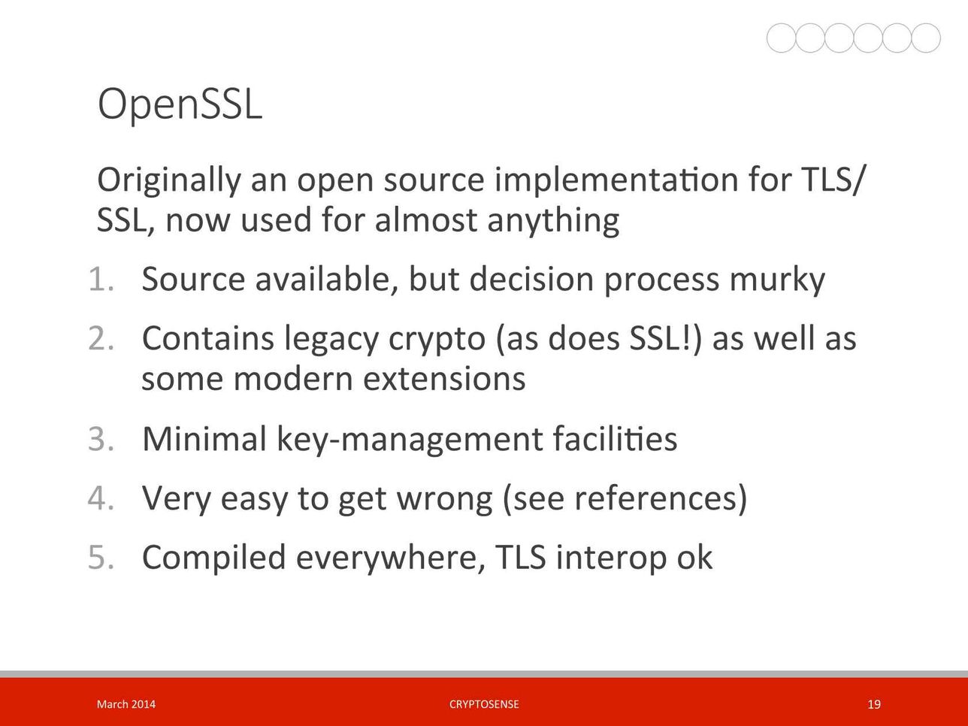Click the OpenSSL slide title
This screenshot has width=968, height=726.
pyautogui.click(x=180, y=104)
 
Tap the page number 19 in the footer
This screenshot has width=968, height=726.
pyautogui.click(x=873, y=704)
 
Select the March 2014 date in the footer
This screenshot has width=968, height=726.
pyautogui.click(x=126, y=704)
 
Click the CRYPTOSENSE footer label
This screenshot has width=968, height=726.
pyautogui.click(x=484, y=704)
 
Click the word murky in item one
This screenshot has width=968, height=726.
pyautogui.click(x=777, y=280)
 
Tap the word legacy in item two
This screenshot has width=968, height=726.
pyautogui.click(x=331, y=340)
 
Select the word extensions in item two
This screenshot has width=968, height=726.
pyautogui.click(x=444, y=378)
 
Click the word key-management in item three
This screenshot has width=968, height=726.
pyautogui.click(x=410, y=440)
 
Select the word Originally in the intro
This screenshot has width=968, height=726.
pyautogui.click(x=169, y=180)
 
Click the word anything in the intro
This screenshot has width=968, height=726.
pyautogui.click(x=553, y=221)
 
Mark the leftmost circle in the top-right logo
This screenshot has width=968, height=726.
pyautogui.click(x=781, y=38)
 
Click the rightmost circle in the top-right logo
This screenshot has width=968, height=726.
pyautogui.click(x=926, y=38)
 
